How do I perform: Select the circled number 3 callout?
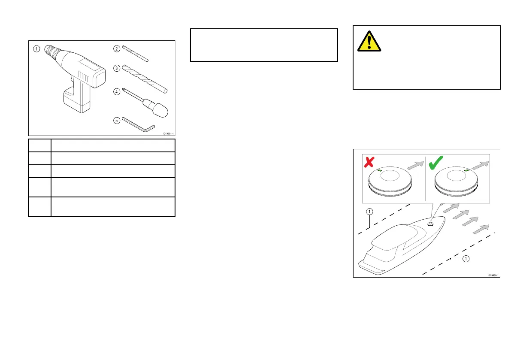(117, 67)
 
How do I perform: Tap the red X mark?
(369, 162)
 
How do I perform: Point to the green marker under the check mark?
(467, 171)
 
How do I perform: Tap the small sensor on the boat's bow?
(430, 223)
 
